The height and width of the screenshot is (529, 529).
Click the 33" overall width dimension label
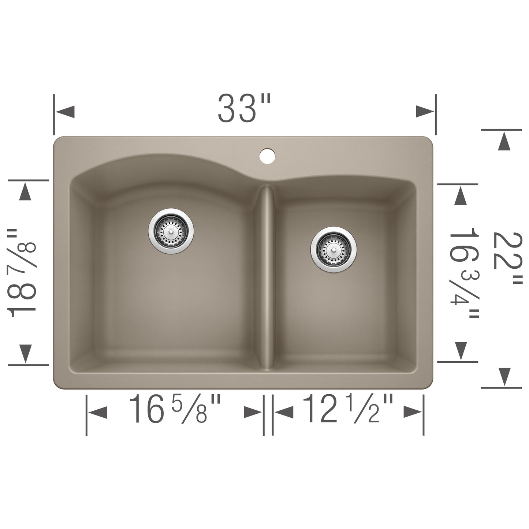point(244,108)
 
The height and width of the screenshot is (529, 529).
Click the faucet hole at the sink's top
point(267,155)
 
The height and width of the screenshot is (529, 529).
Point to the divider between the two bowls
point(268,278)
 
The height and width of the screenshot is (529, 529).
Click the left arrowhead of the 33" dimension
point(65,111)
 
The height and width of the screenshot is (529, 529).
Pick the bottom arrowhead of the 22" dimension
point(504,376)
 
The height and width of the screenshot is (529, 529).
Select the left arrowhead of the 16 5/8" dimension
point(97,413)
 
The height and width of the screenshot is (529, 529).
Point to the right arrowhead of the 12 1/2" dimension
point(413,413)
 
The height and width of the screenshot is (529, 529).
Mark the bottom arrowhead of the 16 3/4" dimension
point(460,351)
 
